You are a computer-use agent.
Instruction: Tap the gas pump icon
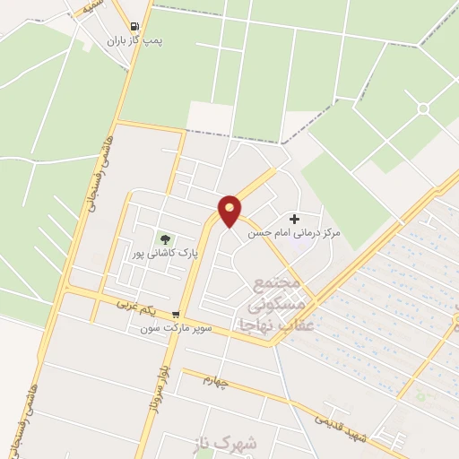(134, 27)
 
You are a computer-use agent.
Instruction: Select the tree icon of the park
(164, 238)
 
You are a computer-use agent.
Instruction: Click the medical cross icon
(294, 220)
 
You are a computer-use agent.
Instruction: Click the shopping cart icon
(175, 316)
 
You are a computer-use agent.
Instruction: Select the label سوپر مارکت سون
(176, 329)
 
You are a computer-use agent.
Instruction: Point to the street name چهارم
(216, 383)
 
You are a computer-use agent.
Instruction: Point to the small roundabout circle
(422, 108)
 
